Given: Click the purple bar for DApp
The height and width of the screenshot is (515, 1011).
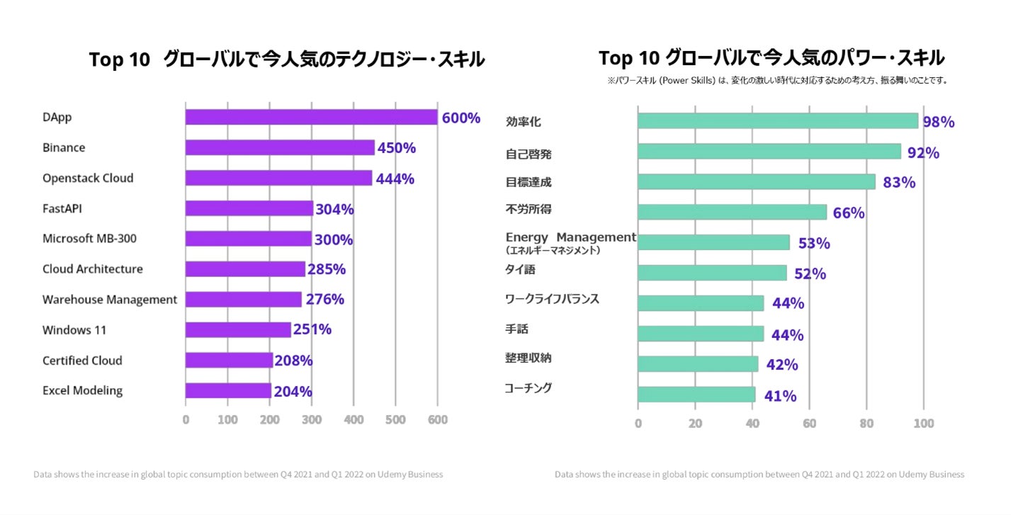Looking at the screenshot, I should coord(311,118).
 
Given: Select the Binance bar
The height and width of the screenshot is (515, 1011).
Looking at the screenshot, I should coord(280,147).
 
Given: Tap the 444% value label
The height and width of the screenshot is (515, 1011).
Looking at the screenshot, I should coord(395,179).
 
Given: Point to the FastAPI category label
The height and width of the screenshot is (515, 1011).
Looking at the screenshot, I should coord(62,208).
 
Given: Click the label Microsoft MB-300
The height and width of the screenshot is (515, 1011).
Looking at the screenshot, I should coord(89,239).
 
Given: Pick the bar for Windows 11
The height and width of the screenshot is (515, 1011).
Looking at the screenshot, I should coord(238,329).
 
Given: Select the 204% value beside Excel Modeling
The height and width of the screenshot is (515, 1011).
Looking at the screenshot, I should coord(293,391).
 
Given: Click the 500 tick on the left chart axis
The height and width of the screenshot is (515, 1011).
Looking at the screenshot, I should coord(396,419).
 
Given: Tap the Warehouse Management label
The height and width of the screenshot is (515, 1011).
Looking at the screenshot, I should coord(110,300).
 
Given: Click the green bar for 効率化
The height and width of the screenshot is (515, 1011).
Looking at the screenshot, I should coord(777,121).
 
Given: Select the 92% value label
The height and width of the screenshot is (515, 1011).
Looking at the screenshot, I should coord(923,152).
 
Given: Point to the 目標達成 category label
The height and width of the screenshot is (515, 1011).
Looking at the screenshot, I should coord(529,182).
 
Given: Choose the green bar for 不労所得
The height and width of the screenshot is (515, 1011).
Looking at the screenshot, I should coord(732,213).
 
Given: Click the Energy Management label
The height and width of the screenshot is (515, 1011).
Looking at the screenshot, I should coord(571,237).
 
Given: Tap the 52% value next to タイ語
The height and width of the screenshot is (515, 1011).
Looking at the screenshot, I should coord(810,273).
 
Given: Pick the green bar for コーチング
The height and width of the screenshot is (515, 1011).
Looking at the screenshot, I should coord(696,395).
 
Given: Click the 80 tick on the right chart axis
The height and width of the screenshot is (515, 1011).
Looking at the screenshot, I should coord(866,424).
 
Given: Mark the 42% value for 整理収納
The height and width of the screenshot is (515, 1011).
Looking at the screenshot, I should coord(781,365).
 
